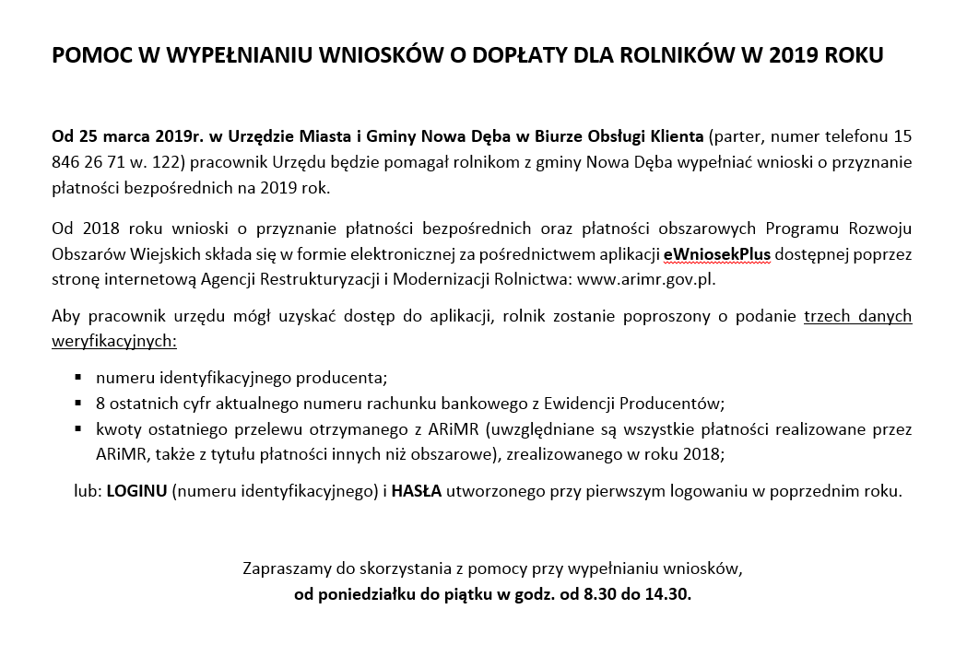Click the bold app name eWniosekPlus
pos(717,253)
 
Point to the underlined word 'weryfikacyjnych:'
pos(114,341)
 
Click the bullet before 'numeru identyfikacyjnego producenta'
pos(78,377)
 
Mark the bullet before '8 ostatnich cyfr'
pos(78,403)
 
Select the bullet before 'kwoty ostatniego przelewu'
pos(78,428)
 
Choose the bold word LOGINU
pos(136,491)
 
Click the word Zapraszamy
pos(285,568)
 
